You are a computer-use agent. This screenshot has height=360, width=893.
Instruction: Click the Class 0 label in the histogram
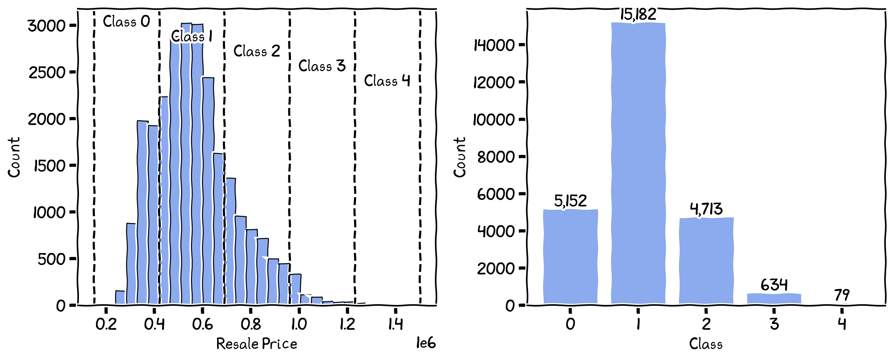tap(126, 22)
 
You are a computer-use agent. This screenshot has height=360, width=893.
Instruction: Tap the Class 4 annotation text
tap(387, 81)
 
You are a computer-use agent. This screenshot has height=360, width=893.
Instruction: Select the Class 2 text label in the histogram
tap(257, 51)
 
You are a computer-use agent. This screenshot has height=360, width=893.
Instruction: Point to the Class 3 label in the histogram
tap(322, 66)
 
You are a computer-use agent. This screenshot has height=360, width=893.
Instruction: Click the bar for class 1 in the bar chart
tap(638, 163)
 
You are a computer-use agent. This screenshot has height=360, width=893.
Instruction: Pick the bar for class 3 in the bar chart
tap(774, 299)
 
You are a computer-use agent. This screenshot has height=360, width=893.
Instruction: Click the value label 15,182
tap(638, 14)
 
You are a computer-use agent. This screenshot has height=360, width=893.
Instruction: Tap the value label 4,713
tap(706, 209)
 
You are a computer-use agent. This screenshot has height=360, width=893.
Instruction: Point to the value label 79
tap(842, 295)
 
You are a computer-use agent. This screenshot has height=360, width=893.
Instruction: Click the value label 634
tap(774, 285)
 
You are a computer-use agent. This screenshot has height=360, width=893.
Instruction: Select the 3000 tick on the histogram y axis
tap(47, 26)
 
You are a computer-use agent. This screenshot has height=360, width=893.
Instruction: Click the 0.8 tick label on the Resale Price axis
tap(251, 324)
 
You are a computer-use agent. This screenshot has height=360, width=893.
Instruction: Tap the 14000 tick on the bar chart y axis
tap(494, 46)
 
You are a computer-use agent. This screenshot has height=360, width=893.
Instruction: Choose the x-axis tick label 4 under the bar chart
tap(842, 324)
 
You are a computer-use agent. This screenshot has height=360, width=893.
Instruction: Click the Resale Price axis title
tap(257, 344)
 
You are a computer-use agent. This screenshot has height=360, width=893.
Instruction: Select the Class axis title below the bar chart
tap(706, 344)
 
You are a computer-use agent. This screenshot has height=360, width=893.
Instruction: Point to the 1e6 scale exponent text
tap(426, 343)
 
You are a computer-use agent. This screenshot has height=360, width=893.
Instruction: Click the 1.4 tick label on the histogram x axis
tap(395, 324)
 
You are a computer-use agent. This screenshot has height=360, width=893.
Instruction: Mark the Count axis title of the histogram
tap(14, 157)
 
